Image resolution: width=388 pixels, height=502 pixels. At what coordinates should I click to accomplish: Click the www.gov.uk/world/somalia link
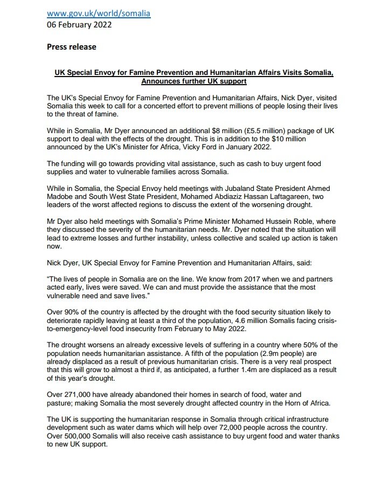[99, 13]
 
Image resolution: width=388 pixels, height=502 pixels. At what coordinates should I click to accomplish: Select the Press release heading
[71, 47]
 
